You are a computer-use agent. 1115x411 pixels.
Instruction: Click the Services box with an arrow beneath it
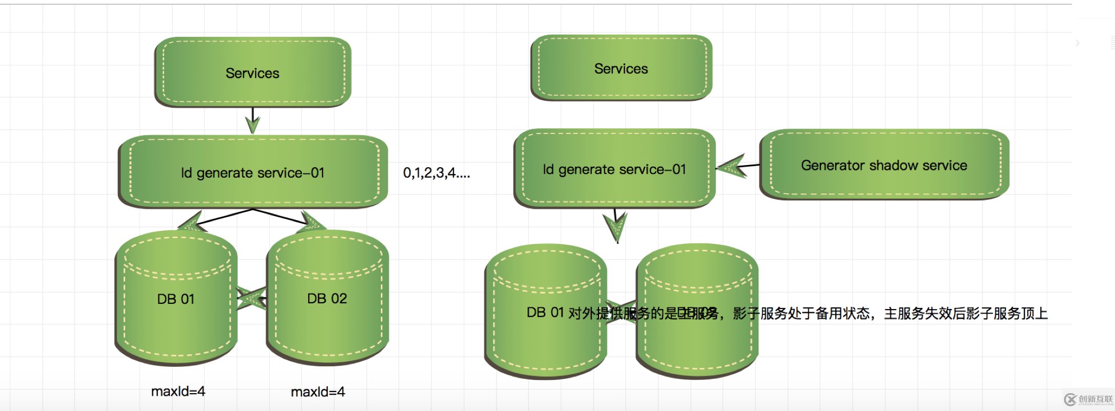click(x=252, y=73)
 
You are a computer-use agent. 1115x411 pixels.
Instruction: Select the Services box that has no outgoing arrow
click(x=621, y=68)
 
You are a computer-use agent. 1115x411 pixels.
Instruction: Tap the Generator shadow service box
click(x=884, y=165)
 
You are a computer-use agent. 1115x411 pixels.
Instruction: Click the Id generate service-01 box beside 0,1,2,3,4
click(x=252, y=172)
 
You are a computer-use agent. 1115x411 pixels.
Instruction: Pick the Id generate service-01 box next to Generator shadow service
click(x=614, y=169)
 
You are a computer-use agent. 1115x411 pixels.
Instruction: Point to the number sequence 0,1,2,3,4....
click(x=437, y=173)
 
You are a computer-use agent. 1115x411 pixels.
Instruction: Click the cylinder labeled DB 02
click(x=327, y=299)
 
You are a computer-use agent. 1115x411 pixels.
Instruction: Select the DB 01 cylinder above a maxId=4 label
click(x=176, y=299)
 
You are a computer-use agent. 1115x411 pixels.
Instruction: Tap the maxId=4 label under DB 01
click(x=178, y=392)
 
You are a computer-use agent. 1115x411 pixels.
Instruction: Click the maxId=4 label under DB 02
click(x=318, y=392)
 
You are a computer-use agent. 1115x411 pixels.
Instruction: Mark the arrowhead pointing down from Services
click(x=252, y=125)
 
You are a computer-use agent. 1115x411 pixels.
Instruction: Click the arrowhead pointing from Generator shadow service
click(x=732, y=167)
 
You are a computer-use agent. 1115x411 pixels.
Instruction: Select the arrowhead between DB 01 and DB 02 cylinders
click(x=251, y=299)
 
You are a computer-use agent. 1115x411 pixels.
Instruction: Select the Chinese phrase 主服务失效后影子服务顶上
click(x=966, y=314)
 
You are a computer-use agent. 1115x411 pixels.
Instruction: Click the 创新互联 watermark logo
click(x=1088, y=400)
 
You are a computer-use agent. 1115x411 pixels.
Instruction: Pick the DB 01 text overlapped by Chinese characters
click(x=545, y=313)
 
